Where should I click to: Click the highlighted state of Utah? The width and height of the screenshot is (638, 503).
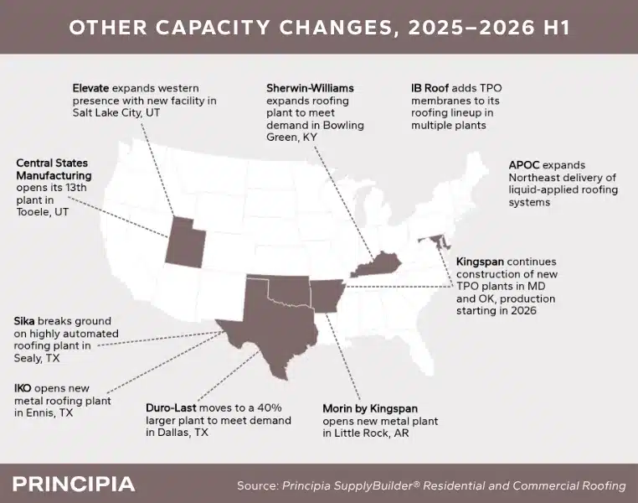point(185,244)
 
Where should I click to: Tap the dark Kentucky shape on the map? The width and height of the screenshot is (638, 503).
point(377,265)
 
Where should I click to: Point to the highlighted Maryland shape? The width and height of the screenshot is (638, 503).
point(436,241)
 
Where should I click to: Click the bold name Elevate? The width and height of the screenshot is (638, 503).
point(90,88)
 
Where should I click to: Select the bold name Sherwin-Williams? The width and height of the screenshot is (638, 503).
point(310,88)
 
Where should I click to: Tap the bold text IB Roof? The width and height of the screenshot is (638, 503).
point(430,88)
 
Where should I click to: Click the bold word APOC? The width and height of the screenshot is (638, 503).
point(524,165)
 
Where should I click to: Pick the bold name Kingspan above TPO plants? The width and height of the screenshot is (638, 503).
point(480,262)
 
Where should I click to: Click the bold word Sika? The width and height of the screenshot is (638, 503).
point(24,321)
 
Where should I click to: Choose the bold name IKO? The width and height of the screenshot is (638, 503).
point(23,388)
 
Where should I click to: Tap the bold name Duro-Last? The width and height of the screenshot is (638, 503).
point(171,408)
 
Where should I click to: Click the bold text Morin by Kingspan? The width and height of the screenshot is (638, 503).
point(370,408)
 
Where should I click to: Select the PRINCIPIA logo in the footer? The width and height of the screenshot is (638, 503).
point(74,485)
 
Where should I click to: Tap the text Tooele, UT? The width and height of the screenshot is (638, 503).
point(43,212)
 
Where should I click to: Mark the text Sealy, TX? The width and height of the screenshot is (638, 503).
point(37,359)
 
